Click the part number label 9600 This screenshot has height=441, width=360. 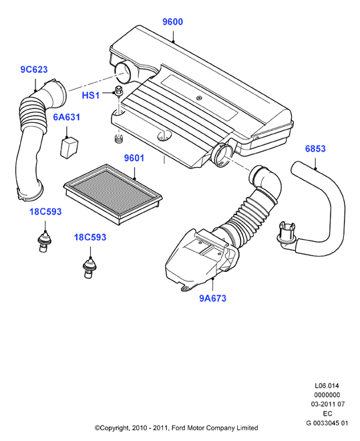point(172,21)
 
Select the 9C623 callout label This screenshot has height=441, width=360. point(34,69)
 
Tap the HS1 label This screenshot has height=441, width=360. point(90,96)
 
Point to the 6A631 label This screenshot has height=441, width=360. point(67,117)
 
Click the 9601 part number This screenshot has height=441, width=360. point(134,158)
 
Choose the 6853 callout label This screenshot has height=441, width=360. point(315,148)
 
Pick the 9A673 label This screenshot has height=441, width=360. point(213,298)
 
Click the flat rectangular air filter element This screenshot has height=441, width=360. point(113,194)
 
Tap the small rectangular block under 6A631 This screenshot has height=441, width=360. point(69,148)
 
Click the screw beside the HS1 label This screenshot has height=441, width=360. point(119,90)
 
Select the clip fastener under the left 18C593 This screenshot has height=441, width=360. point(44,241)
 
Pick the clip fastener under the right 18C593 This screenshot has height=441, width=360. point(89,267)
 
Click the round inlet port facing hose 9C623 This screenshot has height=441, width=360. point(123,72)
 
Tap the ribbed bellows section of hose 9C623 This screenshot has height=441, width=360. point(31,114)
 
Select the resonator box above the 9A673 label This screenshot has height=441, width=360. point(201,259)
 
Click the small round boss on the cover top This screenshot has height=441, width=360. point(199,98)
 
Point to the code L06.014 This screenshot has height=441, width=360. point(327,386)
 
